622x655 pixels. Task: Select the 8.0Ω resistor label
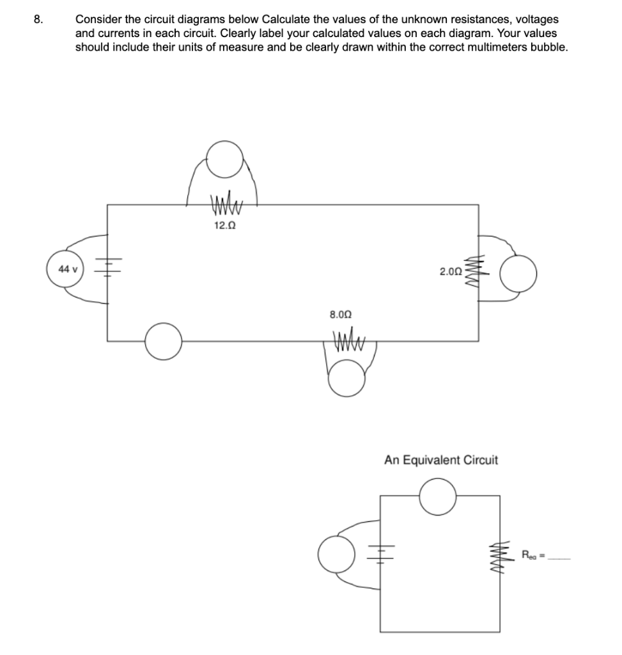coord(340,315)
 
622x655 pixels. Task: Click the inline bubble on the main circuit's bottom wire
coord(164,341)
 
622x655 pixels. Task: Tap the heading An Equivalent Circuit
coord(441,460)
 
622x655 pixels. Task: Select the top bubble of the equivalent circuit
coord(439,496)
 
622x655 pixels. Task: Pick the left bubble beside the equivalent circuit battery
coord(336,555)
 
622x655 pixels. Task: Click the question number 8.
coord(39,19)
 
